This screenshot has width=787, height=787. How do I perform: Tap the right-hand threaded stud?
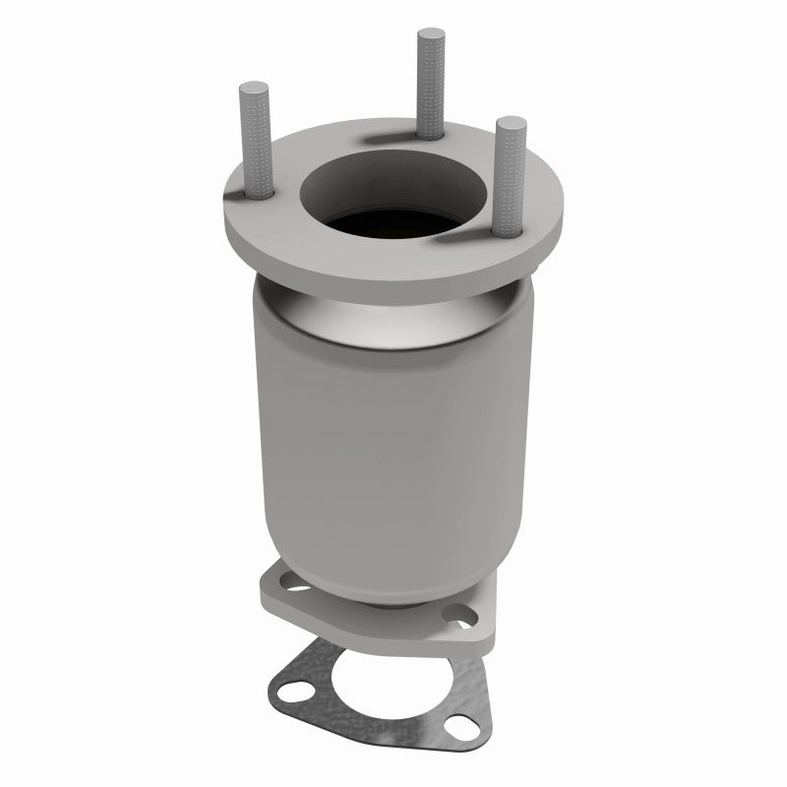coord(511,177)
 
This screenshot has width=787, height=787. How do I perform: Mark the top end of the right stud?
coord(510,122)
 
